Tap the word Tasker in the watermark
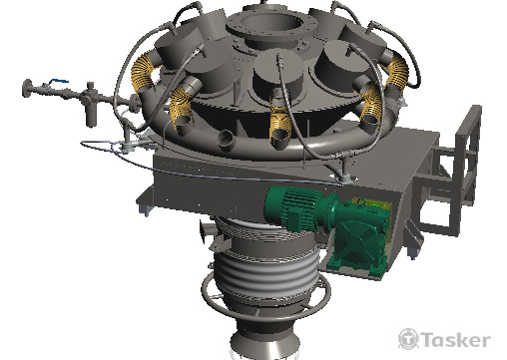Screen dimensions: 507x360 coord(456,340)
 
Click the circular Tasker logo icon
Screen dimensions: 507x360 coord(408,339)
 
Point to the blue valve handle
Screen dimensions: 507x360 coord(59,81)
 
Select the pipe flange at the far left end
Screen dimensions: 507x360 coord(27,89)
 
